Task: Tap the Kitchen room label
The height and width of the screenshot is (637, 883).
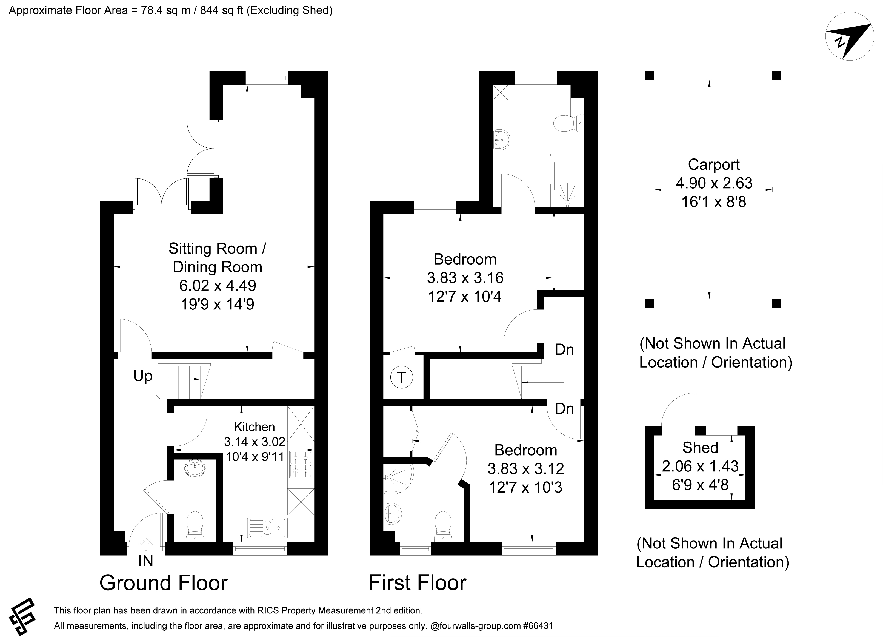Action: pyautogui.click(x=254, y=426)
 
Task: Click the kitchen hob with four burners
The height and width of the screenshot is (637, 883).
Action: pyautogui.click(x=301, y=464)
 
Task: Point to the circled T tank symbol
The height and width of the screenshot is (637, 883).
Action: pyautogui.click(x=401, y=377)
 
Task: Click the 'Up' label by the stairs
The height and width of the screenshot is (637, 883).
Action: pyautogui.click(x=142, y=376)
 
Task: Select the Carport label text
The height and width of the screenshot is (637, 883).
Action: pyautogui.click(x=714, y=164)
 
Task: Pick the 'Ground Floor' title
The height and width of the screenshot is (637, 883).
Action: pyautogui.click(x=164, y=583)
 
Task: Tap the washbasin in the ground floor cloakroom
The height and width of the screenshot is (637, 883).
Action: pyautogui.click(x=195, y=469)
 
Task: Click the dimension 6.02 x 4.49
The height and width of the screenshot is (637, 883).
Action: pyautogui.click(x=218, y=286)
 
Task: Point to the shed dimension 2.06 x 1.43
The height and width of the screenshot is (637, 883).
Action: pyautogui.click(x=701, y=466)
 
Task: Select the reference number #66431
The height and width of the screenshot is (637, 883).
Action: pyautogui.click(x=538, y=626)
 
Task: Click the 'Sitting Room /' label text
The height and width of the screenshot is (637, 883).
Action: pyautogui.click(x=217, y=249)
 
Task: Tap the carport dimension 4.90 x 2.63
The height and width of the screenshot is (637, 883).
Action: pyautogui.click(x=714, y=183)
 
